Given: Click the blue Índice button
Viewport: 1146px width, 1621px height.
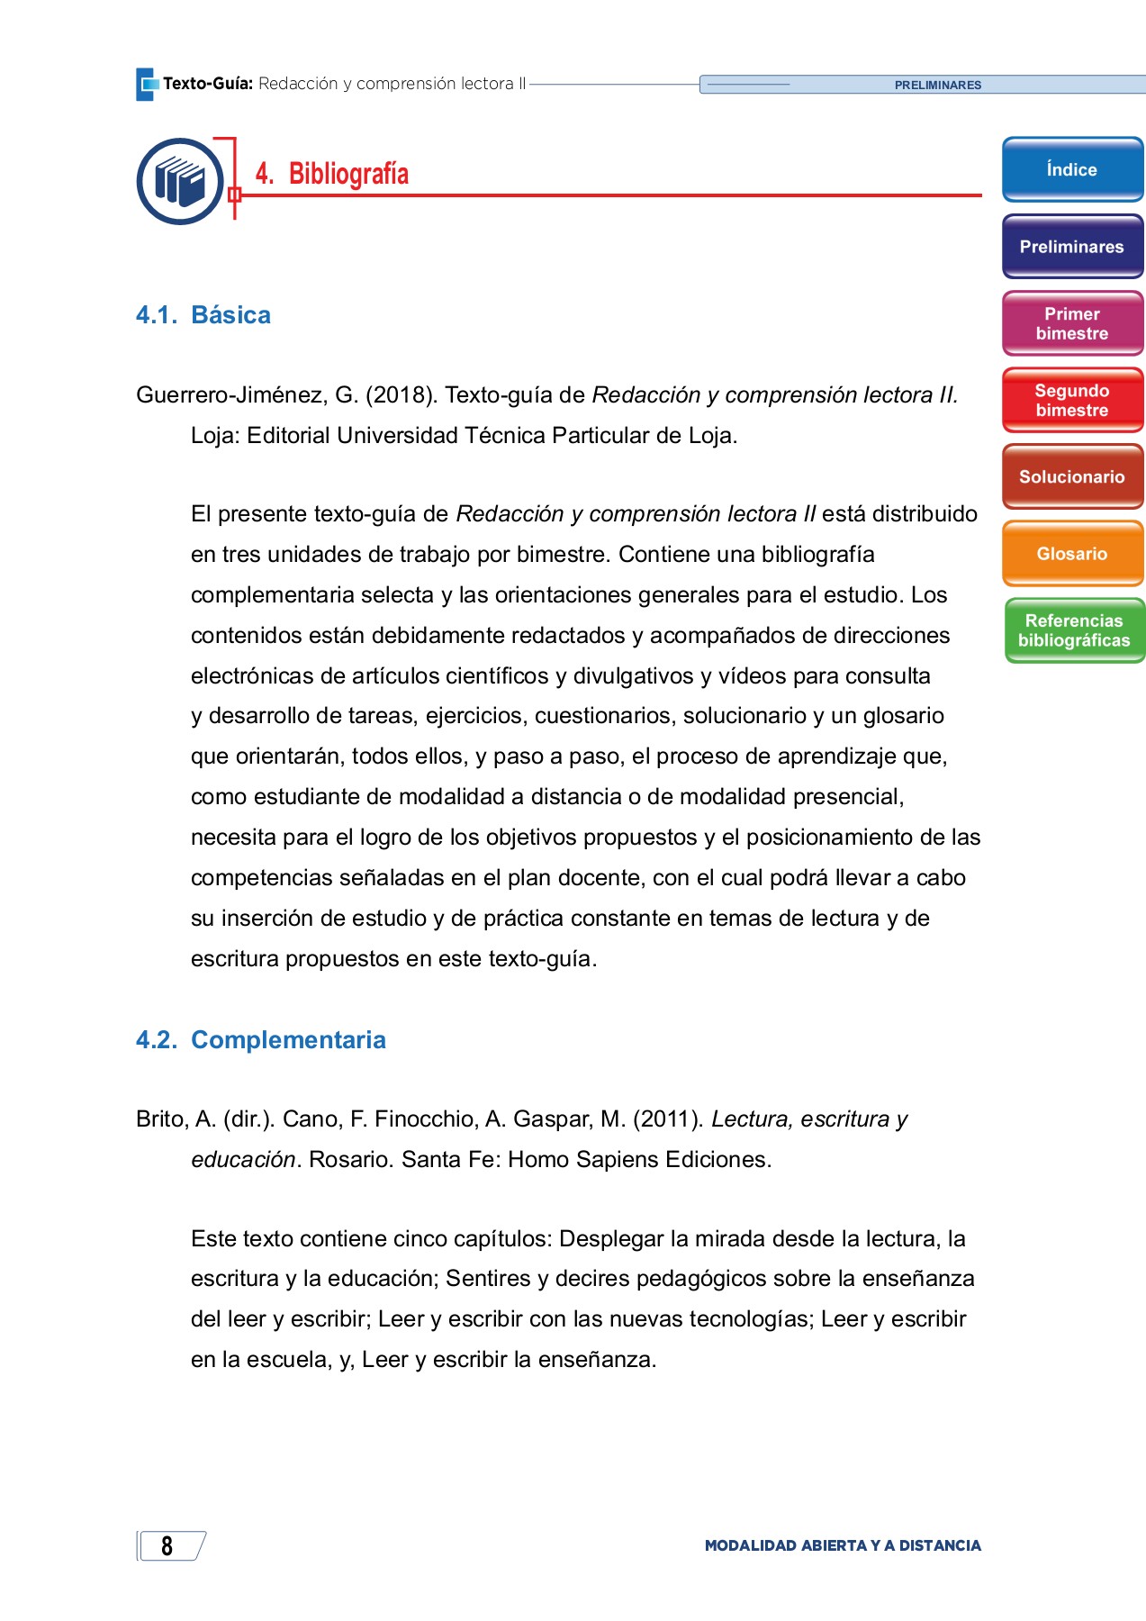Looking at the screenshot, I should (1071, 169).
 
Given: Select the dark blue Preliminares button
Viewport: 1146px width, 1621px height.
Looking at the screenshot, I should (1071, 247).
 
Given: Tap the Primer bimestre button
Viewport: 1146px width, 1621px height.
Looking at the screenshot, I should (1071, 323).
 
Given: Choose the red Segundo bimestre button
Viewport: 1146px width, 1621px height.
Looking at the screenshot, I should (1071, 400).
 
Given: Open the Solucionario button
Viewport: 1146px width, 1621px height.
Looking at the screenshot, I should (1071, 477).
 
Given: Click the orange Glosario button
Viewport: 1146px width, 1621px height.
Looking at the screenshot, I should (1071, 554).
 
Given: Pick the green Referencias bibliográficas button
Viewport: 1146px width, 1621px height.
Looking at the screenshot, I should (1073, 630).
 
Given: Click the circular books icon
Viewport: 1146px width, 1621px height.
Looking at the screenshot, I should (180, 181).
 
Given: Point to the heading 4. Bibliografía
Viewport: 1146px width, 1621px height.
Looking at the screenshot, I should (332, 174).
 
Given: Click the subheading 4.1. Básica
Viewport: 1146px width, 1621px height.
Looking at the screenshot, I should (203, 315).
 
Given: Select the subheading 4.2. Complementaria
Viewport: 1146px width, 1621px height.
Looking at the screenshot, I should (261, 1040).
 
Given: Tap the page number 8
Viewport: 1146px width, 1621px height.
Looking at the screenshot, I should (167, 1545).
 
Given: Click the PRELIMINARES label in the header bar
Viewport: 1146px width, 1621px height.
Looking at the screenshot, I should (937, 86).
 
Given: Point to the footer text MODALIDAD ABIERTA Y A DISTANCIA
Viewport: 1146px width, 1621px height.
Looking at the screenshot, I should (843, 1545).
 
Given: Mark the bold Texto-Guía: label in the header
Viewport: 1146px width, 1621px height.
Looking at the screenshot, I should (208, 84).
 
